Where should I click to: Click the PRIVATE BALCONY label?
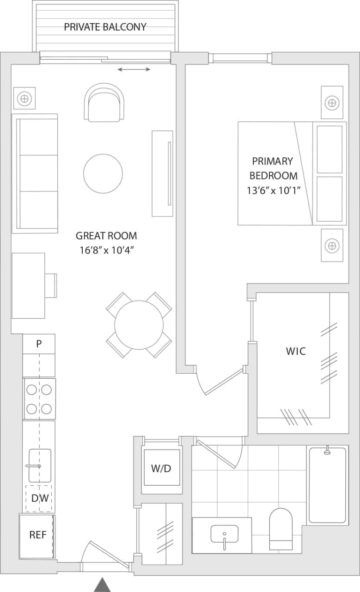point(105,27)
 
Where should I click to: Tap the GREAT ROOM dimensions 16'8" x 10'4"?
point(106,251)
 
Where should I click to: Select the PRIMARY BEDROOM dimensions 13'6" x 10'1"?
point(273,190)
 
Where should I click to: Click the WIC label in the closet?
point(295,351)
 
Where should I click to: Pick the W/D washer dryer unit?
point(161,468)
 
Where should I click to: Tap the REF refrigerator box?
point(37,535)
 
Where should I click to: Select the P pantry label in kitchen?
point(39,344)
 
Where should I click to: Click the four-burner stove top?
point(39,399)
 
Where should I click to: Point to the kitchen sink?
point(39,465)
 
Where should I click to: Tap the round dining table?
point(139,325)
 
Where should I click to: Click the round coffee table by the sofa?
point(103,174)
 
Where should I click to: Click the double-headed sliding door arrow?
point(134,69)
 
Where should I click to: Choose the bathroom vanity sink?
point(224,534)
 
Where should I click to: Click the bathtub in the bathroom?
point(327,485)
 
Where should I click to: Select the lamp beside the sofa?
point(24,98)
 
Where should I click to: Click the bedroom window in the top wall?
point(240,58)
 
